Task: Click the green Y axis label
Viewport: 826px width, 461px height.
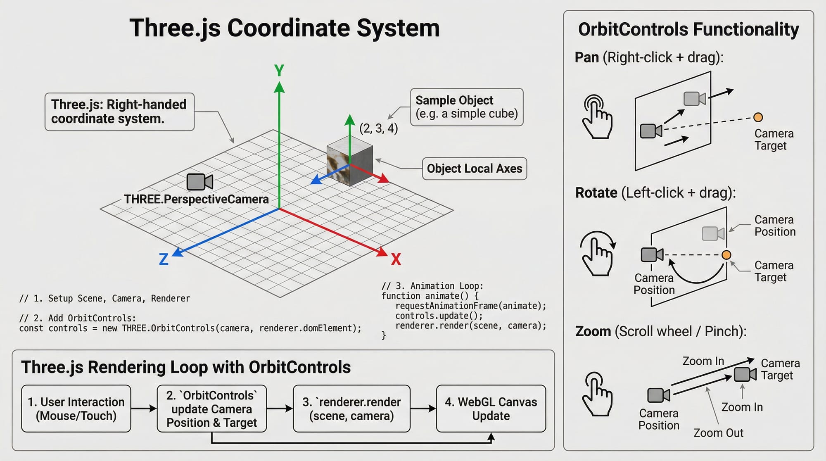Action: point(279,71)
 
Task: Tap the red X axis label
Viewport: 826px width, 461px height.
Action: point(396,259)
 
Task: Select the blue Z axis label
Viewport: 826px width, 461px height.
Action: point(164,259)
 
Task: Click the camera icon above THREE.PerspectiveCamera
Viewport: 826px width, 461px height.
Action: point(200,182)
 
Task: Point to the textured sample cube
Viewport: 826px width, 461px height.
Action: point(350,164)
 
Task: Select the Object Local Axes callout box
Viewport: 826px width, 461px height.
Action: point(475,169)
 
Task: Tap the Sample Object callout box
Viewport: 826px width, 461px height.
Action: point(467,107)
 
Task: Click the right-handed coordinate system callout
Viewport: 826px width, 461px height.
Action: point(119,112)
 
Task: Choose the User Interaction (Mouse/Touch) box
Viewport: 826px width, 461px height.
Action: point(76,409)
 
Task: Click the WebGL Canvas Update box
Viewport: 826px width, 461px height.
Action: point(491,409)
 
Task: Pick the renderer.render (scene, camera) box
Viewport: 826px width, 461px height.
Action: point(351,409)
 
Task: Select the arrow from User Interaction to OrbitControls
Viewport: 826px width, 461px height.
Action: point(144,409)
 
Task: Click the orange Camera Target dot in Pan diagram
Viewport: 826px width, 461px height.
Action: point(758,117)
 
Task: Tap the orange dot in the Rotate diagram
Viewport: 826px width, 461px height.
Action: point(726,255)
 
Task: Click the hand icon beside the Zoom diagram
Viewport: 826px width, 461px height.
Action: point(597,394)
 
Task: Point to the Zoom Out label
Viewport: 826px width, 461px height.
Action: point(718,433)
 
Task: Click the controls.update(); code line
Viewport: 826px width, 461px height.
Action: point(439,316)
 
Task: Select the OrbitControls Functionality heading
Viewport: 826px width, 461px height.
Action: point(688,30)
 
